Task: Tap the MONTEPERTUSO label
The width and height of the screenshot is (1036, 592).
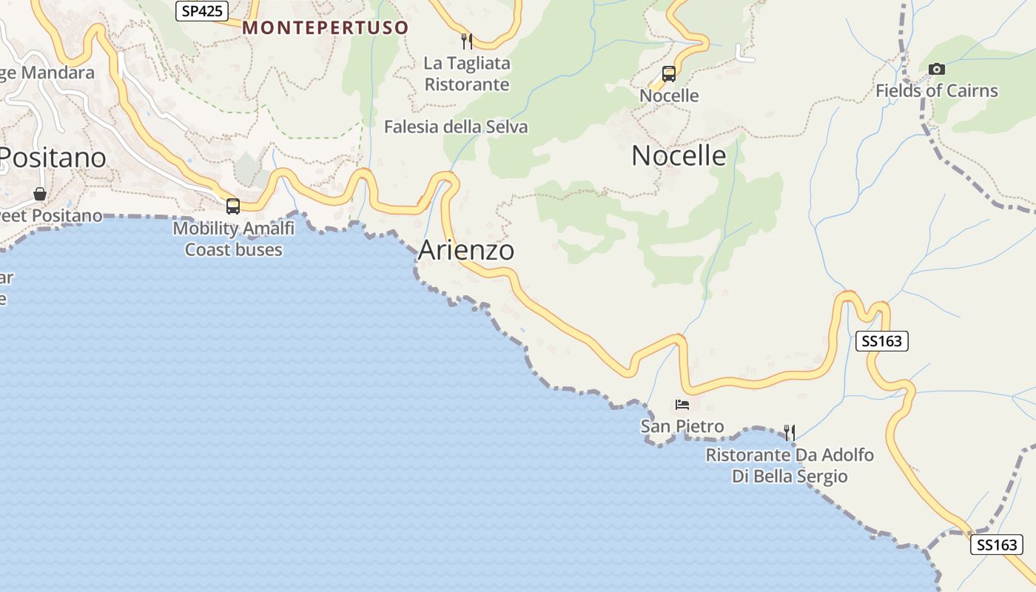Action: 326,28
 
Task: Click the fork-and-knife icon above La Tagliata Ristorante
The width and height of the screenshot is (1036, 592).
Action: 467,41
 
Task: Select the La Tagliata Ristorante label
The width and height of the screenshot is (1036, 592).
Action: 466,74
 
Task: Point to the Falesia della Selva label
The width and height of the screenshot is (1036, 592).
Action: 456,127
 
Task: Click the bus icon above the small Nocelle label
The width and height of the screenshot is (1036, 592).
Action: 669,74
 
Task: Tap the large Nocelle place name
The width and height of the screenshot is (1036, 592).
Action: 679,156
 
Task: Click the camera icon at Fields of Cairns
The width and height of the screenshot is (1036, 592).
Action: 937,69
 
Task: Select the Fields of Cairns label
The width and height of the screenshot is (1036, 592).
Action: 936,91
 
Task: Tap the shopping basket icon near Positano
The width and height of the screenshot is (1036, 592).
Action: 40,194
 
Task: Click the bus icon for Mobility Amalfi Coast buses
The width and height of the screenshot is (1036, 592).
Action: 233,206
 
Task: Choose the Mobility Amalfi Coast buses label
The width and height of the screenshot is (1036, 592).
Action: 234,239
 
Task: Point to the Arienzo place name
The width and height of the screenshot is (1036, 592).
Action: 466,250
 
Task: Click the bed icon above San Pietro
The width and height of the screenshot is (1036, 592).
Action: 682,405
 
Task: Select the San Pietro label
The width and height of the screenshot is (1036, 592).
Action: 682,426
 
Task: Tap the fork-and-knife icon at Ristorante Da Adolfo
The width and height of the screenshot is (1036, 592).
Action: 790,433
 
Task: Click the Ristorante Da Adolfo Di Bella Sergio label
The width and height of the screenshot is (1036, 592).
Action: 790,465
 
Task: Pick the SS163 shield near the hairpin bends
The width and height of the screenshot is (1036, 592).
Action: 881,341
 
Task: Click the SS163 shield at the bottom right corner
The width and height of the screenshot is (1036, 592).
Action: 996,545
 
